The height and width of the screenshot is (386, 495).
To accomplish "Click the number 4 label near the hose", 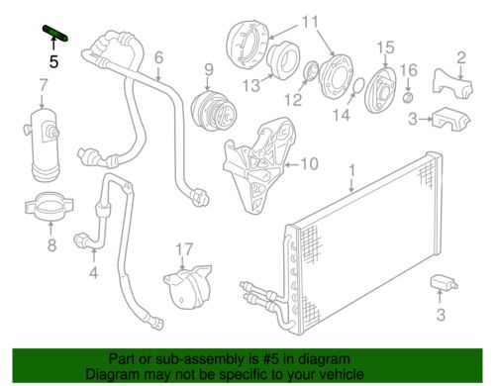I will point(93,273).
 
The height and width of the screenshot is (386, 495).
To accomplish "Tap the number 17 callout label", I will point(182,248).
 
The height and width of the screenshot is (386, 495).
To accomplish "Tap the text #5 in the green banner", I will point(251,360).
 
